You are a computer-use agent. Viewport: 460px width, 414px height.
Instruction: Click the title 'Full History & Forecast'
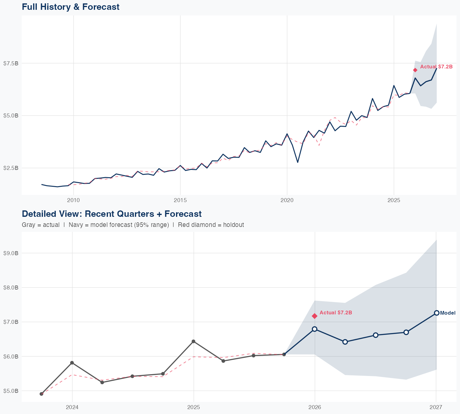[x=71, y=7]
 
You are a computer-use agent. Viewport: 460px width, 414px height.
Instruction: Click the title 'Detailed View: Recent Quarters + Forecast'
[x=112, y=214]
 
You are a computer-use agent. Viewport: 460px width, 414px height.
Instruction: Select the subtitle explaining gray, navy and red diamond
[x=133, y=225]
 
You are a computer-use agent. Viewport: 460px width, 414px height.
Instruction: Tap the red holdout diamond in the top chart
[x=415, y=70]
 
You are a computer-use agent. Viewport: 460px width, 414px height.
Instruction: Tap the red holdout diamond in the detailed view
[x=314, y=316]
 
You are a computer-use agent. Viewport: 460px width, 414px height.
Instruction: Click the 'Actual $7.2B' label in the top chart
[x=436, y=67]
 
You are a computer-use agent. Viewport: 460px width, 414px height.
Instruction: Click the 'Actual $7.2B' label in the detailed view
[x=335, y=312]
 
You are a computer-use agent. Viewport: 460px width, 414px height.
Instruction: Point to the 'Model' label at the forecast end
[x=447, y=313]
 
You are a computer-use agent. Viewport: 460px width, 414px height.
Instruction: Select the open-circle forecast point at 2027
[x=436, y=313]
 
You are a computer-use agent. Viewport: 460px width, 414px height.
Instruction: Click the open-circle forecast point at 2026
[x=314, y=329]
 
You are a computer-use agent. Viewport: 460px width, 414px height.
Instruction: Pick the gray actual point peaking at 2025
[x=193, y=341]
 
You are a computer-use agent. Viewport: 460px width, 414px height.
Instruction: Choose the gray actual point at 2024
[x=72, y=363]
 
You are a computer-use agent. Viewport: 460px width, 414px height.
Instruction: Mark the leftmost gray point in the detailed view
[x=41, y=394]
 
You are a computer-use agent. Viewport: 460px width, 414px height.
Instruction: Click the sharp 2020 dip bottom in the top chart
[x=297, y=162]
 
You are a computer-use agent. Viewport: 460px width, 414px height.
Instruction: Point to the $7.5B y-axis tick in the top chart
[x=11, y=63]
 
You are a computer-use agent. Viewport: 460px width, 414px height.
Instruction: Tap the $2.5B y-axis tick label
[x=11, y=168]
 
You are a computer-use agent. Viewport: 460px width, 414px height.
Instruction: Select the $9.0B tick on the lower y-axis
[x=11, y=253]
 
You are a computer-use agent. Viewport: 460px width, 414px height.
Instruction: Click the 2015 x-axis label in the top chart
[x=180, y=200]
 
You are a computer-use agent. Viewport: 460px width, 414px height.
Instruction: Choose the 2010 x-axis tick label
[x=73, y=200]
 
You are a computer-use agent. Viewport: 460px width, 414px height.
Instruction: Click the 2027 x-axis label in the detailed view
[x=436, y=407]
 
